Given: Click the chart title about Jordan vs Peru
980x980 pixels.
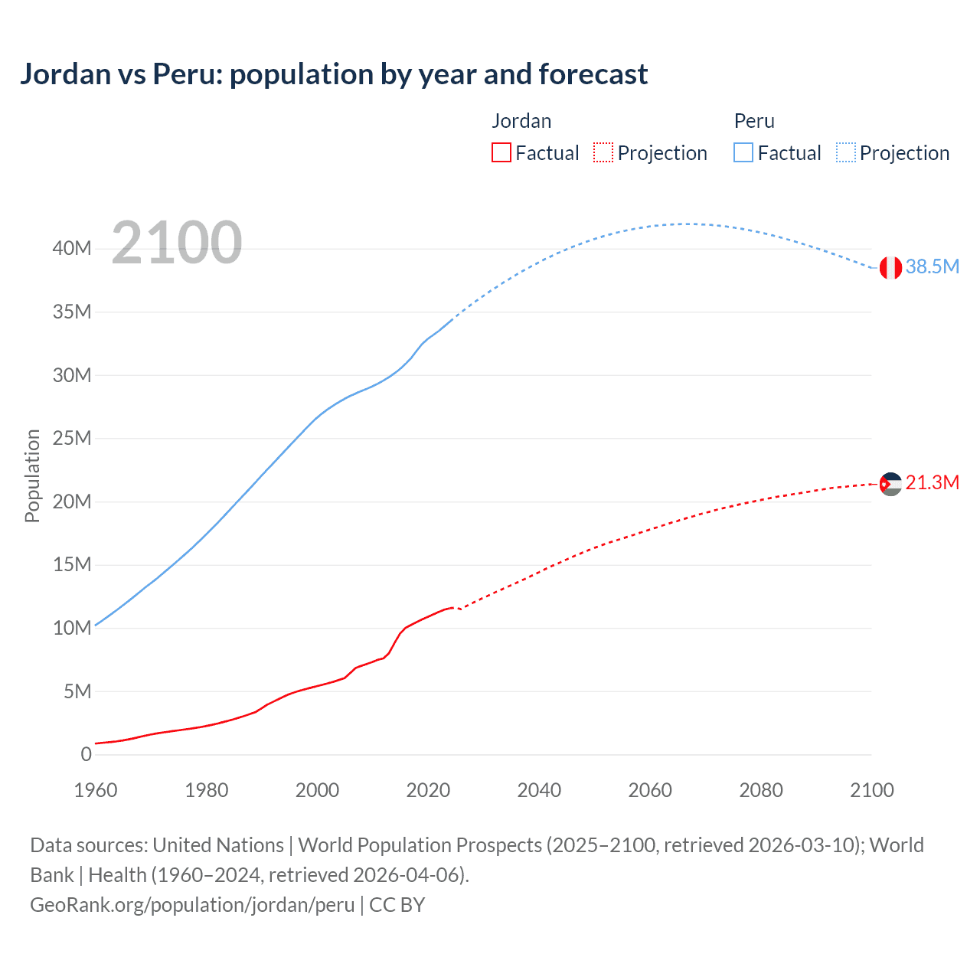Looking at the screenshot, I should click(334, 74).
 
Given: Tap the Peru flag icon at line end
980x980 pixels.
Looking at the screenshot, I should click(890, 267).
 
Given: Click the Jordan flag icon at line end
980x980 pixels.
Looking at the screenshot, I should click(890, 484).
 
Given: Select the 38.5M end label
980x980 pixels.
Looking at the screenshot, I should click(932, 267).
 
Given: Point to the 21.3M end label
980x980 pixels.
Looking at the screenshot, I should click(932, 483).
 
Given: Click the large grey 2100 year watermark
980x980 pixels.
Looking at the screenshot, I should click(177, 243).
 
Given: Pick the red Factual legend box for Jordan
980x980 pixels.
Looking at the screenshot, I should click(501, 153).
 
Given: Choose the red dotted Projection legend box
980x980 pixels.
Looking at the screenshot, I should click(603, 153).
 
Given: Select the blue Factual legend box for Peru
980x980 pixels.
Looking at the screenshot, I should click(743, 153).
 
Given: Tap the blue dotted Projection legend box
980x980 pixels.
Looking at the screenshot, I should click(846, 153).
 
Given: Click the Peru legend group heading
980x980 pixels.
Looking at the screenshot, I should click(754, 121).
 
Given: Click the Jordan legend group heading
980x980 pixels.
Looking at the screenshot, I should click(521, 121).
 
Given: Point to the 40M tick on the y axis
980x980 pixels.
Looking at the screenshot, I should click(73, 249).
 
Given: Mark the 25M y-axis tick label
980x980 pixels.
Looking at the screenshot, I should click(73, 439).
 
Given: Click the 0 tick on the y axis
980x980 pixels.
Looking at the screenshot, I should click(86, 755).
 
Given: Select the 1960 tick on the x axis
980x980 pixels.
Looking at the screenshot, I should click(96, 791).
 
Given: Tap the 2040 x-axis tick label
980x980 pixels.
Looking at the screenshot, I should click(539, 791).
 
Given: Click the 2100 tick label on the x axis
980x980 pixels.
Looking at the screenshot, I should click(871, 791).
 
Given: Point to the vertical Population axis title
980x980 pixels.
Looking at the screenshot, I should click(32, 475).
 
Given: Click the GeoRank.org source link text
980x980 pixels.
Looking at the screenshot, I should click(192, 905).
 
